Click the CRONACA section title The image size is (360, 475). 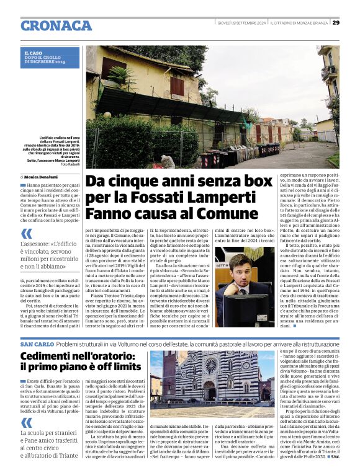click(56, 25)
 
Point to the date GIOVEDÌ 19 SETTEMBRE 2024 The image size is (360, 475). click(241, 23)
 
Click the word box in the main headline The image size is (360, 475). click(243, 182)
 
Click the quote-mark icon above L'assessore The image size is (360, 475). click(27, 234)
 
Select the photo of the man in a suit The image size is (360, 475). click(245, 286)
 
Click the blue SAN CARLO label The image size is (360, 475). click(37, 344)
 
